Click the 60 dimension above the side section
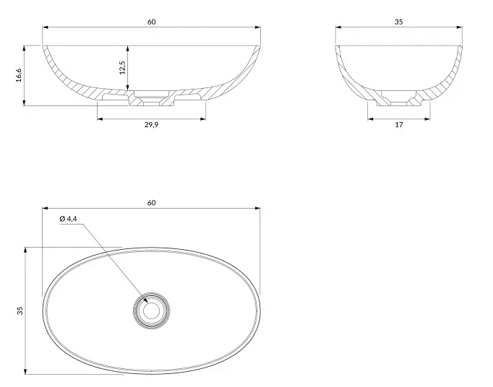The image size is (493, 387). [151, 22]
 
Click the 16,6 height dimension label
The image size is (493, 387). [19, 75]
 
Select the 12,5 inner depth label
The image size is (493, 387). [122, 68]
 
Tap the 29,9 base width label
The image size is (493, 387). [151, 125]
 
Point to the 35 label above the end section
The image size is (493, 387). [399, 22]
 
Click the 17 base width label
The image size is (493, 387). [399, 125]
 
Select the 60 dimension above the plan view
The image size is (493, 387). [151, 203]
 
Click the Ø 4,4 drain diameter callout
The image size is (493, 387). [68, 219]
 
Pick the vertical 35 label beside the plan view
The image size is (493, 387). [20, 310]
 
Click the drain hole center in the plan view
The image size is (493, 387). [152, 310]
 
